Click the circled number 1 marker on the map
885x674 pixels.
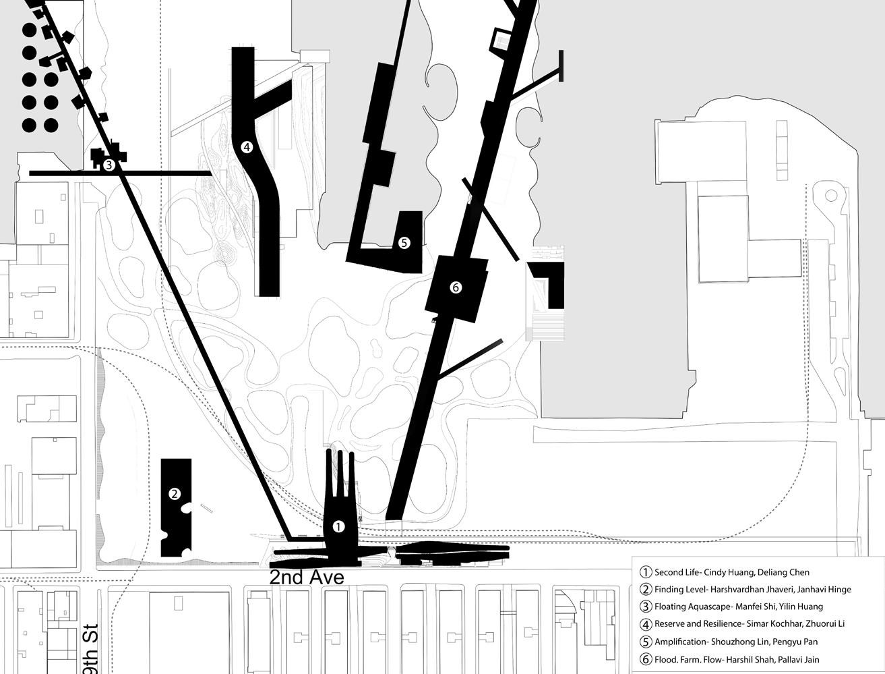coord(338,526)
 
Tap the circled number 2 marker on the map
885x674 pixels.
coord(175,494)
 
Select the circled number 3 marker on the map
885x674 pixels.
coord(109,164)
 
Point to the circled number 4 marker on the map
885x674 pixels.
coord(247,146)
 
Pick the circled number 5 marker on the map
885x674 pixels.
coord(404,242)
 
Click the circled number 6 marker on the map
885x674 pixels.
coord(456,287)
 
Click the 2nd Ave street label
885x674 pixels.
coord(307,578)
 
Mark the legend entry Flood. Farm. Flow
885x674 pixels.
coord(684,659)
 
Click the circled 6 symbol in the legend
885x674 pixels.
coord(646,659)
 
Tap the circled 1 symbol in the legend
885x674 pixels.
coord(646,572)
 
